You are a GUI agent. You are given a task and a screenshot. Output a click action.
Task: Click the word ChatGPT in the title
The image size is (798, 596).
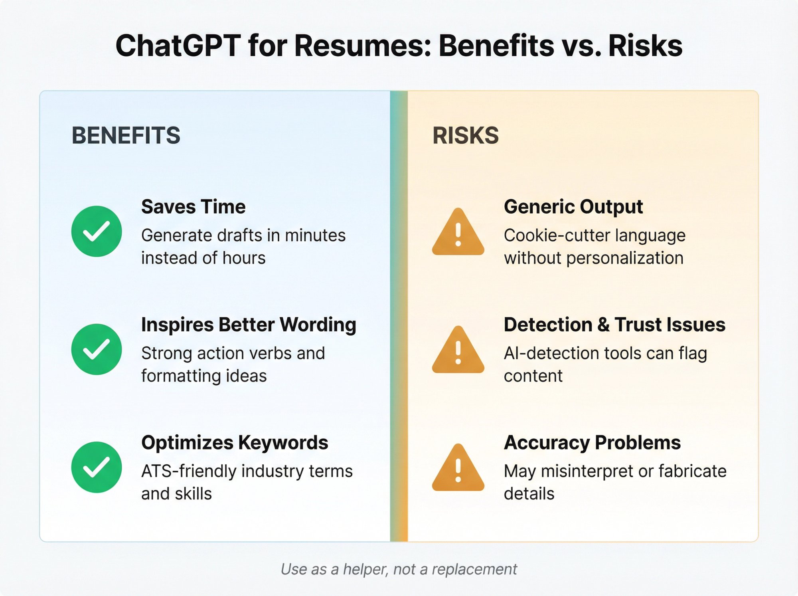[178, 46]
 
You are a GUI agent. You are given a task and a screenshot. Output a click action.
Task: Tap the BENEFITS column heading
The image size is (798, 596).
[126, 135]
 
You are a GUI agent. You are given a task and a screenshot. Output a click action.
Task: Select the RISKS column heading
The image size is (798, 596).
[465, 135]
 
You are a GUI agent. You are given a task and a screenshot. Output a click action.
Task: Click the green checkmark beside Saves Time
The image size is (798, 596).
[97, 231]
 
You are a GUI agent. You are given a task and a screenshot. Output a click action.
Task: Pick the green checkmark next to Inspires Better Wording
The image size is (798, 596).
[97, 349]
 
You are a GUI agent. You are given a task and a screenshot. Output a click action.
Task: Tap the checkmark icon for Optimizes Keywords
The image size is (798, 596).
[97, 467]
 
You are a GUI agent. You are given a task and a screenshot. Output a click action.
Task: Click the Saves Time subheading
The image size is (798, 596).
[193, 207]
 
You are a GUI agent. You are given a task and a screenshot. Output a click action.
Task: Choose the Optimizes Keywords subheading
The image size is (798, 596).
[235, 443]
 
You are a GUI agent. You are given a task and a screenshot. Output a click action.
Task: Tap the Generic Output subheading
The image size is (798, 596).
[573, 207]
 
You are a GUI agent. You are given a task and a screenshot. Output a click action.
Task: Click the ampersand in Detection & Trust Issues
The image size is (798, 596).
[603, 325]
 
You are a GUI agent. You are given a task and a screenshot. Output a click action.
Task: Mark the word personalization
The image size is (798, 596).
[625, 258]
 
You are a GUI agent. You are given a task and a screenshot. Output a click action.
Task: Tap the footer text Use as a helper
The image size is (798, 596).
[334, 569]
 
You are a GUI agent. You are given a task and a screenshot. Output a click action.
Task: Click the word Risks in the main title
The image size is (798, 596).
[645, 46]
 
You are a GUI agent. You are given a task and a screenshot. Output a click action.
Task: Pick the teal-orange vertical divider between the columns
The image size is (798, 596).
[399, 315]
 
